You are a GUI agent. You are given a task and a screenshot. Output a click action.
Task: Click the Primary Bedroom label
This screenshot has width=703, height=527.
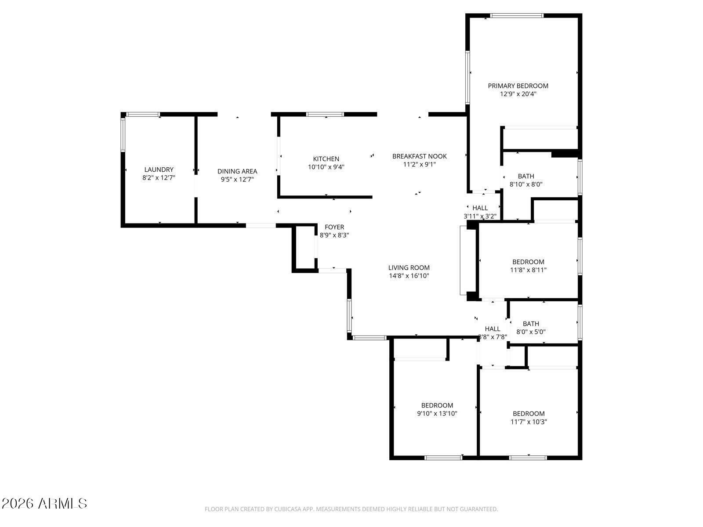click(x=518, y=86)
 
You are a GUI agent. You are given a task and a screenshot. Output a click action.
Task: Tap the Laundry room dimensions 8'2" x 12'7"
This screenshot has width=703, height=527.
click(x=159, y=177)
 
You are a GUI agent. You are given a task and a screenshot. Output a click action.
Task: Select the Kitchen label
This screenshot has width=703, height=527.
click(x=326, y=159)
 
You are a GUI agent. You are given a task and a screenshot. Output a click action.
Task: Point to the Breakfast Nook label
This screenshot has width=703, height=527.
click(x=419, y=156)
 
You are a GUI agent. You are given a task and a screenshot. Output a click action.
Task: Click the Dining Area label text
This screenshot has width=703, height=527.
click(x=237, y=171)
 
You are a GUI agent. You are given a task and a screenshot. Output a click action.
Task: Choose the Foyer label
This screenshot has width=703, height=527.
click(x=334, y=227)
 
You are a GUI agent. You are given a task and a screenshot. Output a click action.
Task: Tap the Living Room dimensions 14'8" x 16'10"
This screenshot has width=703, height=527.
click(x=409, y=276)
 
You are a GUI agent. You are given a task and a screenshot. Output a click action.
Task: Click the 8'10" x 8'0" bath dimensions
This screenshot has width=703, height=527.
click(x=525, y=184)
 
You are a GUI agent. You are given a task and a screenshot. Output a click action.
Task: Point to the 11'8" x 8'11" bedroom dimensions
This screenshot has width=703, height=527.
click(x=528, y=270)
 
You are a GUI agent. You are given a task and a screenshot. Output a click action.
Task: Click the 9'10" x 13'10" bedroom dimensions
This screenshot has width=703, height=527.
click(x=437, y=413)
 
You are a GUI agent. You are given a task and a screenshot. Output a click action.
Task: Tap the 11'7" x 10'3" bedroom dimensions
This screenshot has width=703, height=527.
click(x=528, y=422)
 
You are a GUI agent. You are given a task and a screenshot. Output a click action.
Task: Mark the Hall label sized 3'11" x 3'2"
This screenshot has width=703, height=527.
click(x=480, y=208)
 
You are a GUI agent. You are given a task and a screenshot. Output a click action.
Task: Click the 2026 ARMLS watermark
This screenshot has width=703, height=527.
click(x=44, y=503)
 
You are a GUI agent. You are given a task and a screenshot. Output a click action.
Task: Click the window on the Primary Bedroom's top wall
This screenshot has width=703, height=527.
click(x=516, y=15)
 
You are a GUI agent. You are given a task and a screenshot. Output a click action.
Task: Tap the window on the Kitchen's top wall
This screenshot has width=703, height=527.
click(x=325, y=114)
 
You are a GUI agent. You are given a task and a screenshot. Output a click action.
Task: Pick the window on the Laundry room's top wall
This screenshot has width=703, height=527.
click(x=143, y=114)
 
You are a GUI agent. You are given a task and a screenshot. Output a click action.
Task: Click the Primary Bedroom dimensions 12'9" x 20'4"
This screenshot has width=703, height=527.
click(x=518, y=94)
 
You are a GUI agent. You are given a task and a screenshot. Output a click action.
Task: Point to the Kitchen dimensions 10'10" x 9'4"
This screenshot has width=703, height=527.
click(x=326, y=167)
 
